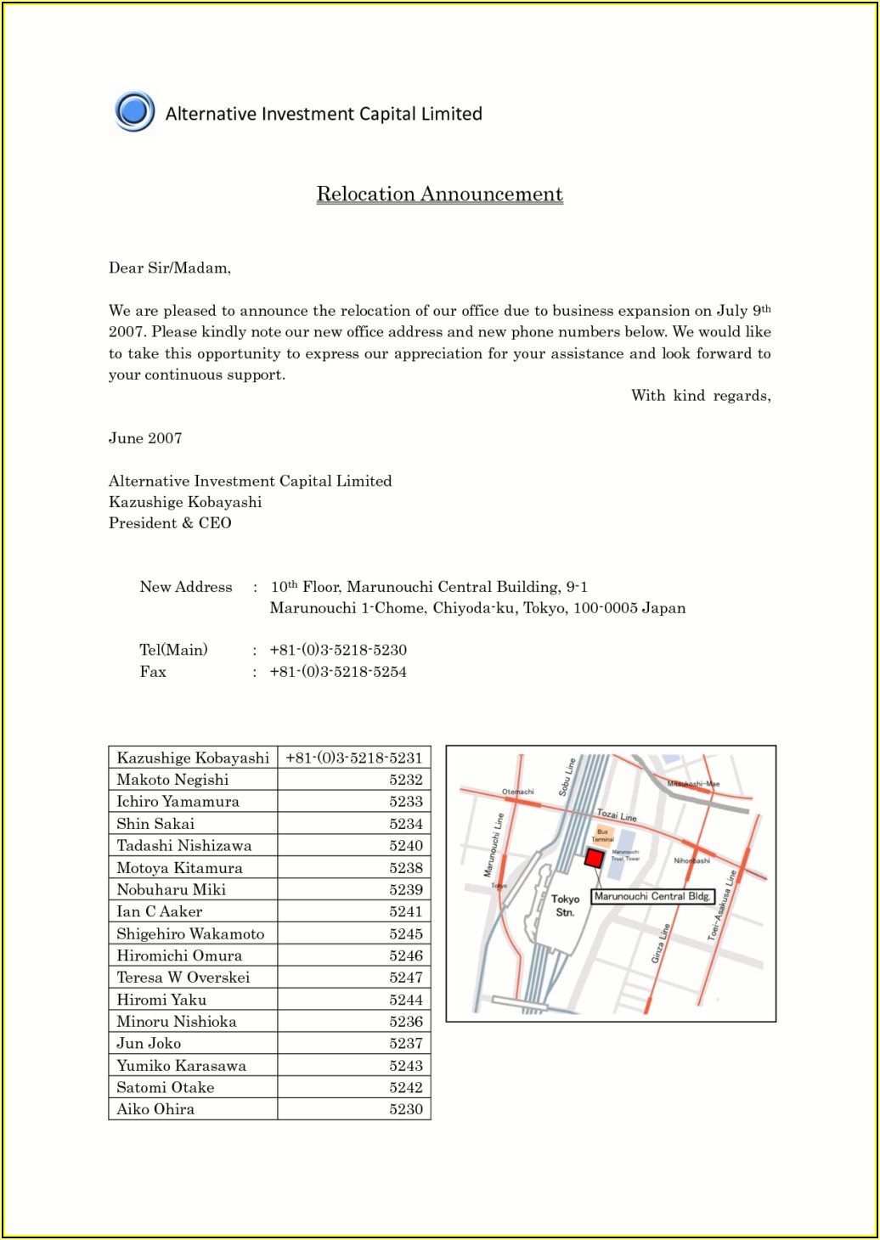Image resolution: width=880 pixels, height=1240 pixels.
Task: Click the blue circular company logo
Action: coord(134,111)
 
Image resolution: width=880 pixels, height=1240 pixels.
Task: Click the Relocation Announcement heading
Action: coord(439,194)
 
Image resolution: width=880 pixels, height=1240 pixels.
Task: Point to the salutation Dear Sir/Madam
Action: coord(170,268)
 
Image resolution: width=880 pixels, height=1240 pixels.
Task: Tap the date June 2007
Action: coord(145,438)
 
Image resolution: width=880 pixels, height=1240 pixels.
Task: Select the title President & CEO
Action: coord(170,523)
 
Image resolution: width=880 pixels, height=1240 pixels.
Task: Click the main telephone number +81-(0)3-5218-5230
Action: coord(338,650)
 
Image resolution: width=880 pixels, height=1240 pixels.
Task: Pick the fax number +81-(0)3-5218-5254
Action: coord(338,672)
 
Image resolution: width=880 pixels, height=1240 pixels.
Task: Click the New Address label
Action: coord(186,587)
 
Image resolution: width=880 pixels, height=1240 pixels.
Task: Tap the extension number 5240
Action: coord(406,846)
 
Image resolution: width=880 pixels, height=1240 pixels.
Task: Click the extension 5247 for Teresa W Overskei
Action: coord(406,978)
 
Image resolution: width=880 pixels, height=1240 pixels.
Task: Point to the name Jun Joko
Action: coord(149,1044)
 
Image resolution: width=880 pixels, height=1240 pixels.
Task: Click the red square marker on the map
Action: coord(595,858)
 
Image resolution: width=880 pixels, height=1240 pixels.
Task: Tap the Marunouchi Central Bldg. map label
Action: coord(652,896)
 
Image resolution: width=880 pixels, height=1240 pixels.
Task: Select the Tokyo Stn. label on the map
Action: coord(565,905)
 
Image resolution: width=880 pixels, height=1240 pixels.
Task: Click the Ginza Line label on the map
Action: coord(661,943)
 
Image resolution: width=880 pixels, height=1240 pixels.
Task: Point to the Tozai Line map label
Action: coord(617,815)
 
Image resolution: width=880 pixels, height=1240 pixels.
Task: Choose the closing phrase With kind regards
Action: coord(701,396)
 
